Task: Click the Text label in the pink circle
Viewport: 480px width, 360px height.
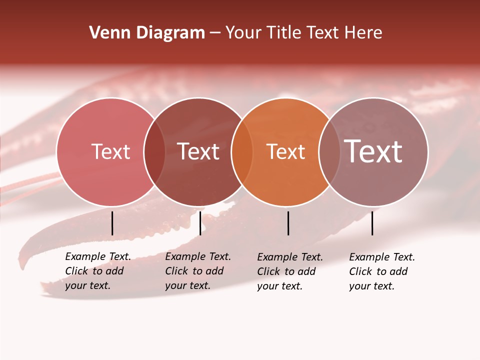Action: pyautogui.click(x=110, y=151)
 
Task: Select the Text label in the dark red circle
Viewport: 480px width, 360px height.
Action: pyautogui.click(x=198, y=151)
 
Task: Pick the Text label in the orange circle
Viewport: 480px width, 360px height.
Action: pyautogui.click(x=285, y=152)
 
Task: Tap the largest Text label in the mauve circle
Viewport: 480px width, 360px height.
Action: pyautogui.click(x=373, y=151)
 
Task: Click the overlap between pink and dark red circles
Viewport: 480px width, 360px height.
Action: pyautogui.click(x=154, y=152)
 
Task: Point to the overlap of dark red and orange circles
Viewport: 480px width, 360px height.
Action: pyautogui.click(x=242, y=152)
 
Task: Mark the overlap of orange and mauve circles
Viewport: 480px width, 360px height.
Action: pyautogui.click(x=328, y=152)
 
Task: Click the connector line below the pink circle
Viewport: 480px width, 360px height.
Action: pyautogui.click(x=112, y=223)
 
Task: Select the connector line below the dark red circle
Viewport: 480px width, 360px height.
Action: pyautogui.click(x=200, y=223)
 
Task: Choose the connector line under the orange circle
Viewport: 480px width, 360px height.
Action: pyautogui.click(x=288, y=223)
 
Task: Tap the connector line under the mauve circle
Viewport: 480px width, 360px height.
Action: pyautogui.click(x=372, y=223)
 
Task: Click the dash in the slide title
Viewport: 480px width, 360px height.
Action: pyautogui.click(x=215, y=33)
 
